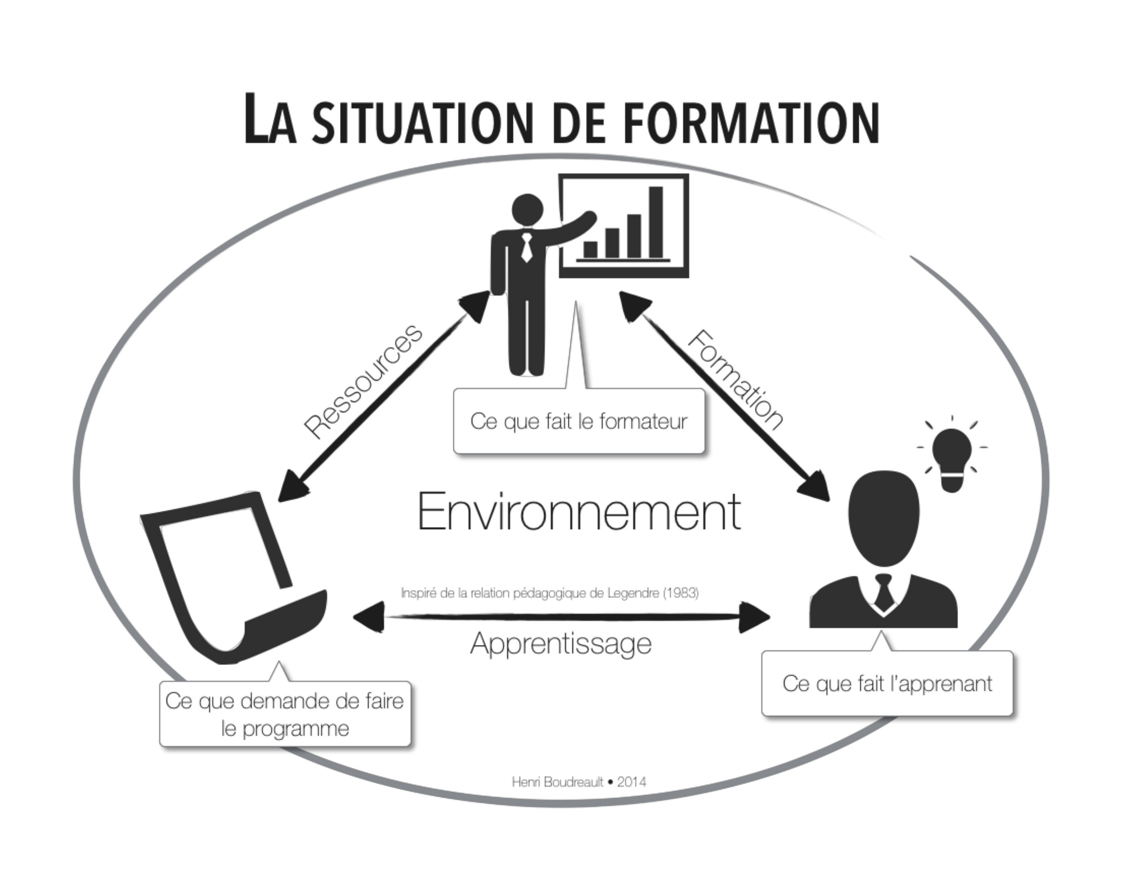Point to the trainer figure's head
click(x=527, y=210)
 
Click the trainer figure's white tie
click(x=527, y=248)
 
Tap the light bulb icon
click(x=952, y=458)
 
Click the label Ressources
click(x=363, y=381)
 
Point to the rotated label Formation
click(x=735, y=380)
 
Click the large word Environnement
click(x=579, y=512)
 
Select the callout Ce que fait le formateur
click(x=579, y=421)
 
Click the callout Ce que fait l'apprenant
click(x=887, y=683)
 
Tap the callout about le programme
click(x=285, y=714)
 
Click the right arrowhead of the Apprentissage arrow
click(x=755, y=617)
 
